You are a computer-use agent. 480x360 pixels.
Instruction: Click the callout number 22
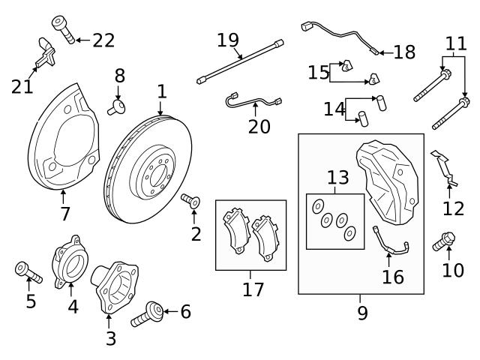point(103,40)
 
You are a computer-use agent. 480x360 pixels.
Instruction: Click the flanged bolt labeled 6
point(148,313)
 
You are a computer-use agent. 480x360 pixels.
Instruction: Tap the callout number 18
point(403,52)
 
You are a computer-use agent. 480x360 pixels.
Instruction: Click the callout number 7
point(65,214)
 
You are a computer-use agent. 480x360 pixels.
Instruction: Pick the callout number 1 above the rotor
point(160,92)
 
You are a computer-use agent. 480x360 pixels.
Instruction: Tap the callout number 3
point(110,338)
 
